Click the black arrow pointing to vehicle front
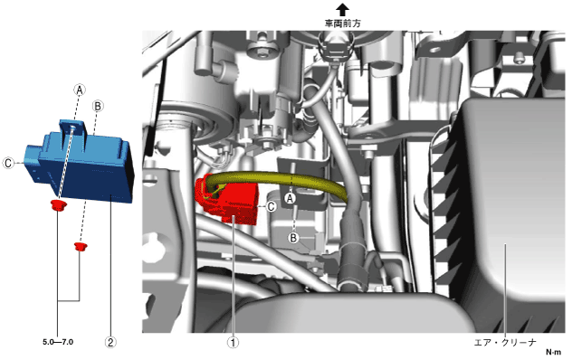(342, 9)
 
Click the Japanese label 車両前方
(342, 24)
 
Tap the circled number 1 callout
(233, 343)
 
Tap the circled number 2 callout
(110, 343)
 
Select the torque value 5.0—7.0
(58, 342)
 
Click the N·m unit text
(553, 352)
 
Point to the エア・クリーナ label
(505, 343)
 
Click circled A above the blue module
(80, 90)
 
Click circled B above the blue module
(98, 106)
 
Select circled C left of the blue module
(8, 163)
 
